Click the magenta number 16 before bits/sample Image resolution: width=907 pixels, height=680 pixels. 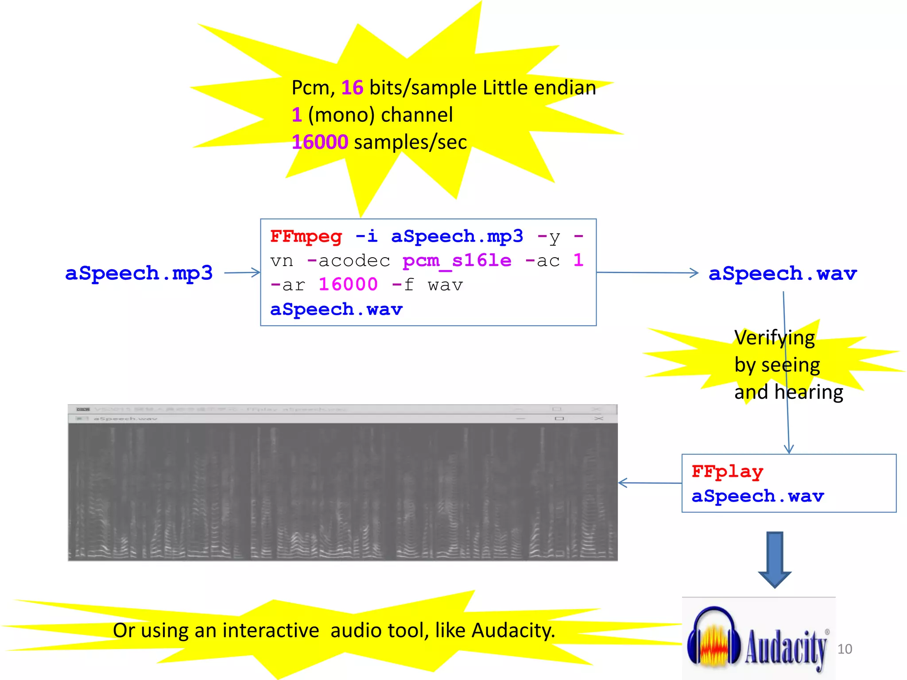click(x=352, y=88)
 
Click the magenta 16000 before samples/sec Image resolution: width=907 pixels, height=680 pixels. click(x=320, y=142)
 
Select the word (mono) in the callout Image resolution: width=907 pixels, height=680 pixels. click(x=344, y=115)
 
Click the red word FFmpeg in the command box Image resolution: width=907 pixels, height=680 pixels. click(x=306, y=236)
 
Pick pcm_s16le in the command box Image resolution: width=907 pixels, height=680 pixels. click(x=457, y=260)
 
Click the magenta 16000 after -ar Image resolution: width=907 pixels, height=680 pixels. click(x=348, y=285)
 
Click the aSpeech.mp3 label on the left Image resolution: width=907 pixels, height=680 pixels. click(x=139, y=273)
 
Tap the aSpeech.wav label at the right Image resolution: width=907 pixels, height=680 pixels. click(x=783, y=274)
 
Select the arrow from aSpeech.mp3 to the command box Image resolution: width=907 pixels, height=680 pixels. click(x=242, y=273)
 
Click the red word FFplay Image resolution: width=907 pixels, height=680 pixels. click(x=727, y=472)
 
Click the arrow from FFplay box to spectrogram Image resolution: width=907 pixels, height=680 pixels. click(x=649, y=483)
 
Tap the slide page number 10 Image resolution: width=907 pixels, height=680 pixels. click(x=845, y=649)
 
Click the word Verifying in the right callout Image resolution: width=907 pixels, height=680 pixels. click(x=774, y=338)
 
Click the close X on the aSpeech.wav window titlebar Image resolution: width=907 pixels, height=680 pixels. click(x=599, y=418)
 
